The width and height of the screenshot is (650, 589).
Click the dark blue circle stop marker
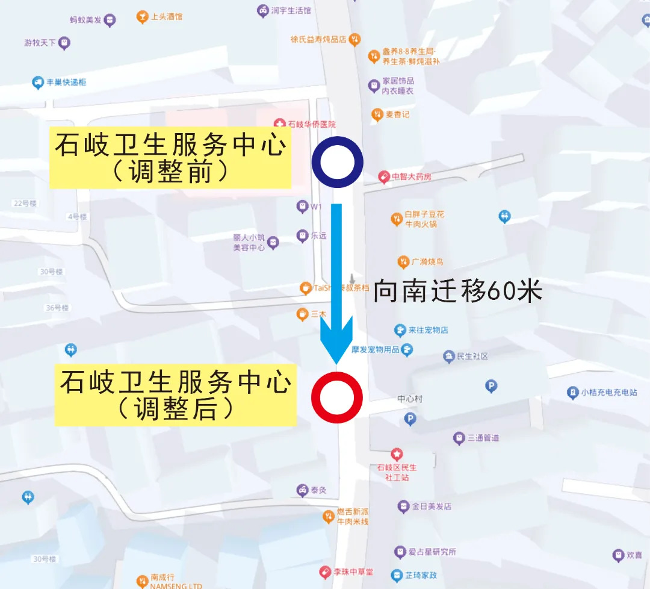[337, 162]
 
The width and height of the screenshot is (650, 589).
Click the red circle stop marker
[337, 397]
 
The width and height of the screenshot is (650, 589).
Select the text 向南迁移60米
[458, 291]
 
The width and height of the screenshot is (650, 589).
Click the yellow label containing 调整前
[170, 158]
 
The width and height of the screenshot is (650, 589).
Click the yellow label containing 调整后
[175, 394]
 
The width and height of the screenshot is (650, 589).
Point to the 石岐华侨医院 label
[311, 124]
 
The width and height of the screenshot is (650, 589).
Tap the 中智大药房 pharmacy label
[411, 177]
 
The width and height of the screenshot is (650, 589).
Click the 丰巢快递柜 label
[66, 82]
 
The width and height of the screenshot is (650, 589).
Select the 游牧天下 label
[40, 43]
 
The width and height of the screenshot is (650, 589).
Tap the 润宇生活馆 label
[291, 10]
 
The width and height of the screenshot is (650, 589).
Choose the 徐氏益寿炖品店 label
[318, 40]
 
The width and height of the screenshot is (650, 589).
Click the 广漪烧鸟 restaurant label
[427, 262]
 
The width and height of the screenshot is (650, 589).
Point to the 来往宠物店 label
[428, 329]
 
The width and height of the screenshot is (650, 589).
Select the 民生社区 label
[472, 356]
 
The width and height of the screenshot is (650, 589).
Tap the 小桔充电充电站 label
[608, 393]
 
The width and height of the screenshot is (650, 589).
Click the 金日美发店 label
[431, 506]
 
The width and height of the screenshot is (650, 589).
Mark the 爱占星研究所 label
[432, 552]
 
